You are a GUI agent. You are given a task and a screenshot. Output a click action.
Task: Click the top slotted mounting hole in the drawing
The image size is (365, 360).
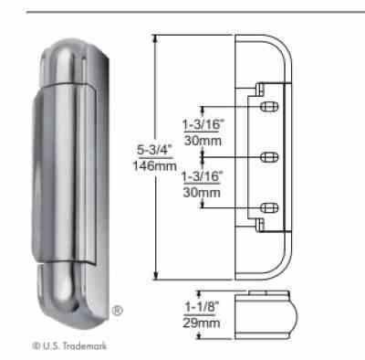pos(267,108)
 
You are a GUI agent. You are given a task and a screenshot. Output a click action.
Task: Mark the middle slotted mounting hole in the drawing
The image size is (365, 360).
pos(267,157)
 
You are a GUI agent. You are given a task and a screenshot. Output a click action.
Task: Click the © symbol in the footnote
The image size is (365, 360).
pos(33,344)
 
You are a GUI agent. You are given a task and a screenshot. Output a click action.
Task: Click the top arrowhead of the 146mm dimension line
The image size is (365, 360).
pos(156,37)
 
